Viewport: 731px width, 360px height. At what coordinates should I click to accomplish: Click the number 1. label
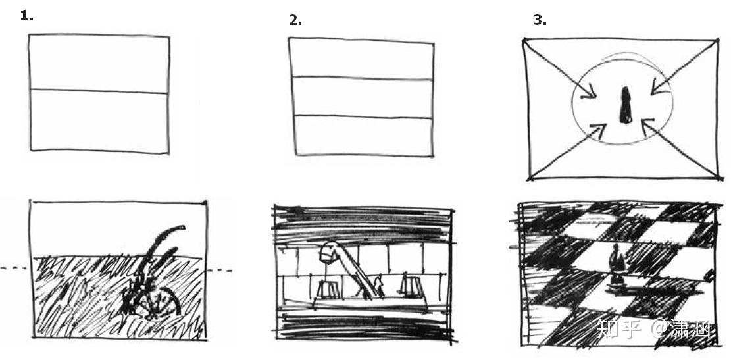27,16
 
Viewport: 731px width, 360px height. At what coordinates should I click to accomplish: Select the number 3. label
540,21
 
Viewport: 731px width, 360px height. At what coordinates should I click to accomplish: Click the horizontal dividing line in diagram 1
99,91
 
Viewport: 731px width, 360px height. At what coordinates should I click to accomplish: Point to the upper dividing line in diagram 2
361,78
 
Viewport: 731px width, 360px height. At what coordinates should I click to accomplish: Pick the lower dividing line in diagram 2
363,116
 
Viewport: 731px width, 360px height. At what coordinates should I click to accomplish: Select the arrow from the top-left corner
560,69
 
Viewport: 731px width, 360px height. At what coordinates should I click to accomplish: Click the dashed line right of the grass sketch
219,270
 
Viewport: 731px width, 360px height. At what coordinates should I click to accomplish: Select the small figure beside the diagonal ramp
378,286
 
